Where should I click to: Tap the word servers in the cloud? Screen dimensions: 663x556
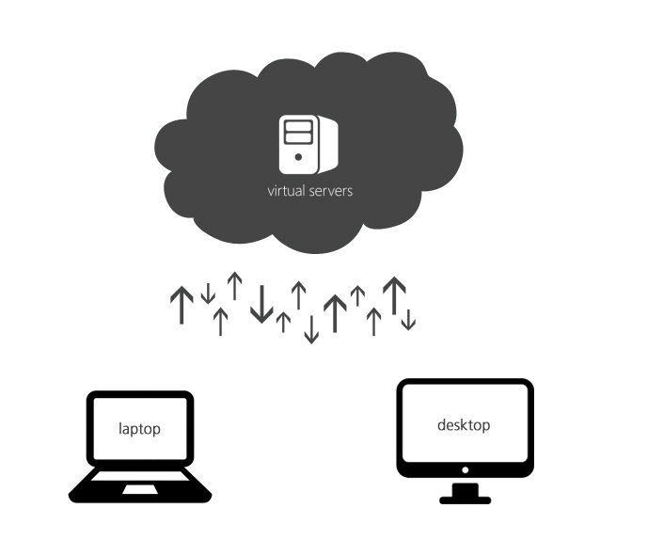(329, 190)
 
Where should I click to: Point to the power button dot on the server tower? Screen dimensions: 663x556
(298, 158)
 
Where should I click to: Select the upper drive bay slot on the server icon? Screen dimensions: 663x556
(298, 125)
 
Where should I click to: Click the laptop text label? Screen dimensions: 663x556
(139, 429)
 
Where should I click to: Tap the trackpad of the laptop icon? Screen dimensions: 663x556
(140, 489)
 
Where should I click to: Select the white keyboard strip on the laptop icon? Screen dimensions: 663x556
(140, 475)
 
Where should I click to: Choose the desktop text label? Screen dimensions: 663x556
(464, 425)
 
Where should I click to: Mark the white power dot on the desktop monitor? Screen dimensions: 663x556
(465, 468)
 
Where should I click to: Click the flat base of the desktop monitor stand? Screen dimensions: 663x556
(465, 499)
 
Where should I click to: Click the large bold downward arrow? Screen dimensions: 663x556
(261, 303)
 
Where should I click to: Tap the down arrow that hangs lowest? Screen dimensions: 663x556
(311, 328)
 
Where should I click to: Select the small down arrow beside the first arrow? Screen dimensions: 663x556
(208, 293)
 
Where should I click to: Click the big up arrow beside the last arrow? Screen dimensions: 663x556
(394, 294)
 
